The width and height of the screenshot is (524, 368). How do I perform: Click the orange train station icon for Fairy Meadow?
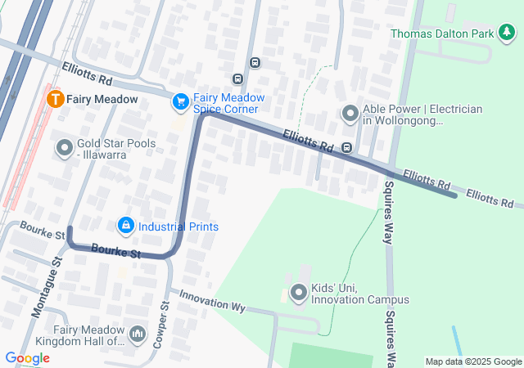tap(56, 99)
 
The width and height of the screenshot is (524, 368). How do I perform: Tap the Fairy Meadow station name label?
tap(102, 99)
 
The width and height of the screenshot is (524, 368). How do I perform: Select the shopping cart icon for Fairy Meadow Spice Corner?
tap(180, 101)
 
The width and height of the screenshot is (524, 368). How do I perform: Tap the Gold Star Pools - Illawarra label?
tap(118, 148)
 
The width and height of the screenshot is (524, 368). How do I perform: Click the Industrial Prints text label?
tap(178, 226)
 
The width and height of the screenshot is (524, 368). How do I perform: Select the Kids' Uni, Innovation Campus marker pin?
tap(299, 292)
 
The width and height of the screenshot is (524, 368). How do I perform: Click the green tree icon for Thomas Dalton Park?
tap(508, 33)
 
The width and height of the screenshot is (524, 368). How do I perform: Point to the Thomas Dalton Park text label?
tap(443, 34)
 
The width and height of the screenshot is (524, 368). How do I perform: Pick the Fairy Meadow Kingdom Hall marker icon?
tap(137, 334)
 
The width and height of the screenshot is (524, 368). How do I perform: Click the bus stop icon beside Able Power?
tap(347, 148)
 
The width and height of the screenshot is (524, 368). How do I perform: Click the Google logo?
tap(27, 357)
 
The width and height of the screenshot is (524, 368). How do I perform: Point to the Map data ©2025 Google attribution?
tap(472, 361)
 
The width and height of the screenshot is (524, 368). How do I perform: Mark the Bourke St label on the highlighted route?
tap(115, 251)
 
